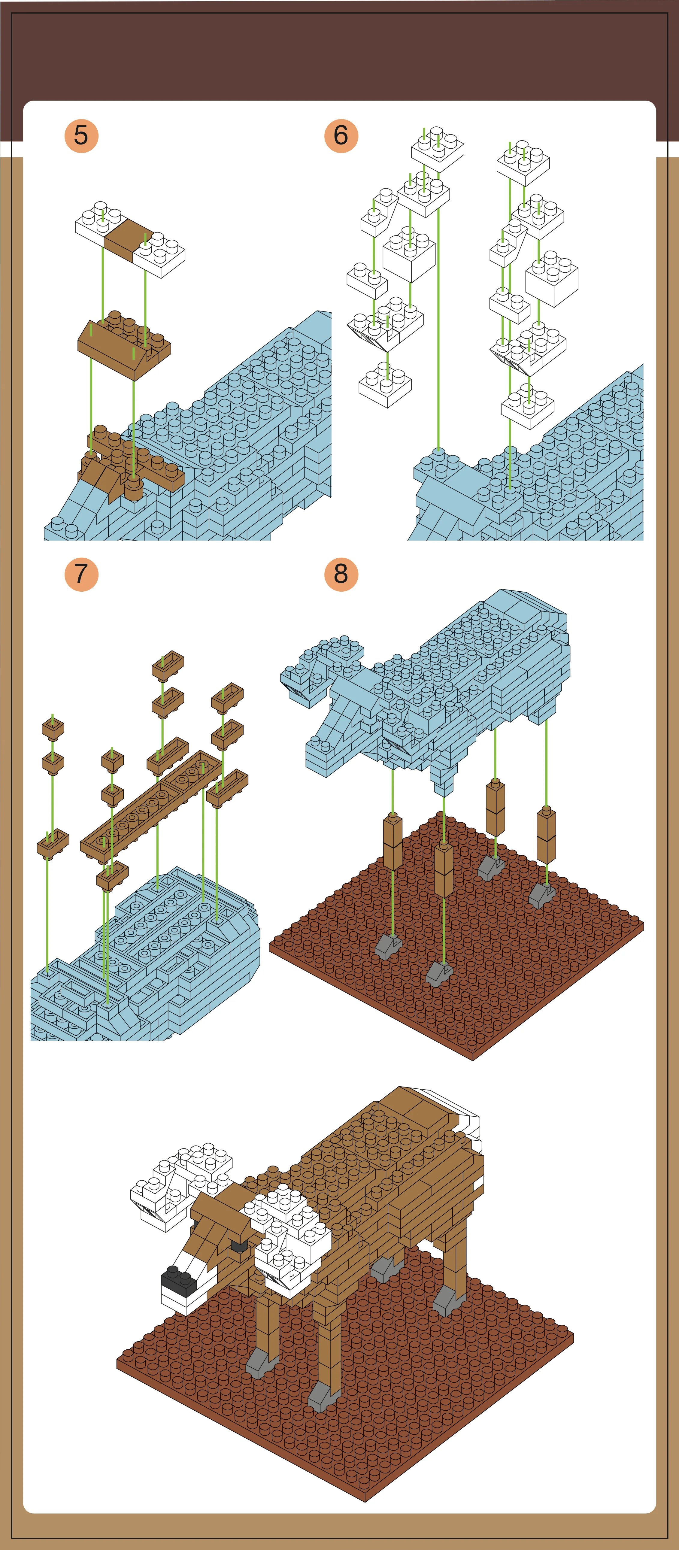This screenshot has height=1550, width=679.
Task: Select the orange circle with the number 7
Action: coord(81,574)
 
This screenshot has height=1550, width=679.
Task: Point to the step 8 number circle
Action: coord(341,574)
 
